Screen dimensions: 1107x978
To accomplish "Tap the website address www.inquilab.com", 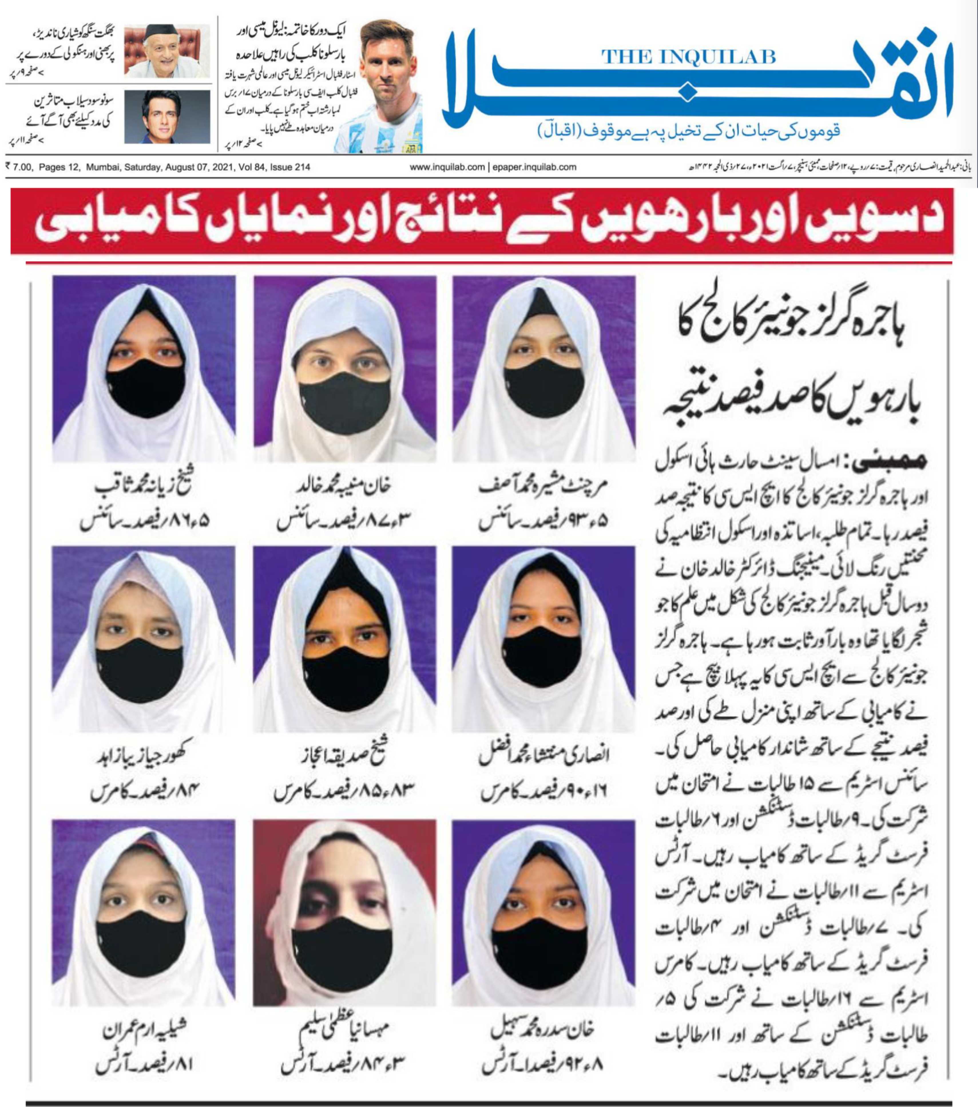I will coord(447,167).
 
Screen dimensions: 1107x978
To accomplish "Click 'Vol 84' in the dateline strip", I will coord(249,167).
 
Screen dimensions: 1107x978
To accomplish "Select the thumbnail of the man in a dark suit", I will coord(167,117).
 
